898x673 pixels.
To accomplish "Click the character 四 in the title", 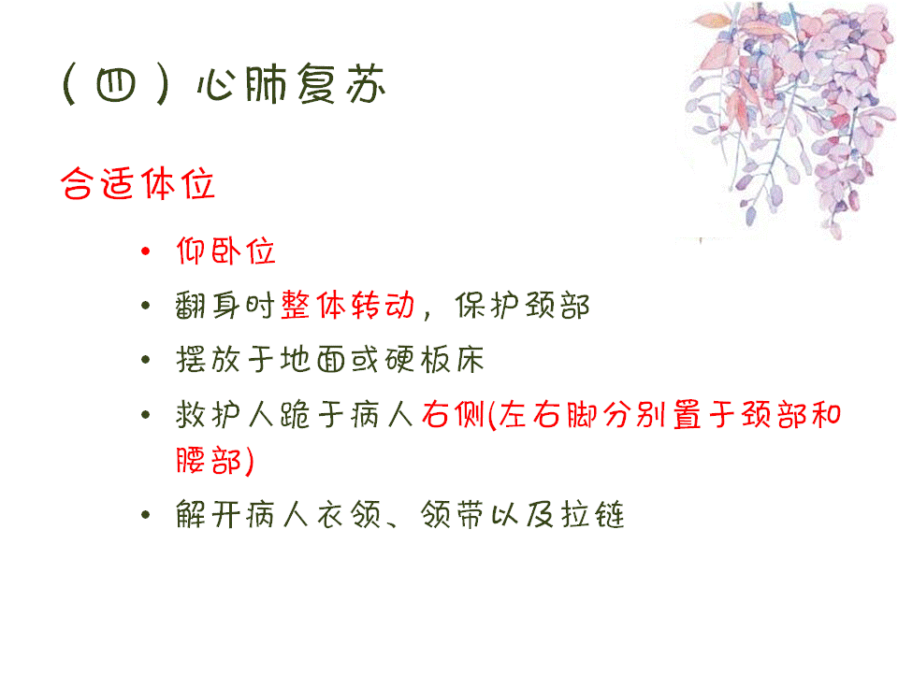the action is click(116, 85).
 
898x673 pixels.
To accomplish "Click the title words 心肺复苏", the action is click(291, 84).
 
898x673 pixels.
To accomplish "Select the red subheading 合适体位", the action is click(138, 184).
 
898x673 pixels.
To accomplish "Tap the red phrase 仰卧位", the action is click(225, 251).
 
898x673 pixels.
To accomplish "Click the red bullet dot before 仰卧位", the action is click(146, 251).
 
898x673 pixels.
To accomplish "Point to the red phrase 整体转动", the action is click(348, 305).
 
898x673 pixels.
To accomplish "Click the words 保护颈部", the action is click(522, 305).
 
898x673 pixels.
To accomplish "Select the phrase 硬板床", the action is click(435, 359).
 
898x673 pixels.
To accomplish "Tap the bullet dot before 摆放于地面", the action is click(146, 359).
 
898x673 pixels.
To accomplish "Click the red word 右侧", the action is click(454, 414).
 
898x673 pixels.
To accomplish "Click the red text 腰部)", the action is click(215, 461).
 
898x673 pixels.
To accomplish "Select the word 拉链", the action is click(593, 514).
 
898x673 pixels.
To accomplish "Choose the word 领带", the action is click(453, 514).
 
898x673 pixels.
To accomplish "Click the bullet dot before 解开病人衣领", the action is click(146, 514).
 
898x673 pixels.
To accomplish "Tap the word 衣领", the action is click(348, 514).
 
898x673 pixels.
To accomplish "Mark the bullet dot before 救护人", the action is click(146, 414).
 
